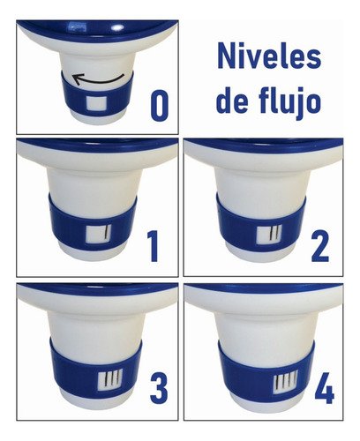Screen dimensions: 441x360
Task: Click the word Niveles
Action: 269,60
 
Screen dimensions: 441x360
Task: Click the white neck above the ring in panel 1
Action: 93,181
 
